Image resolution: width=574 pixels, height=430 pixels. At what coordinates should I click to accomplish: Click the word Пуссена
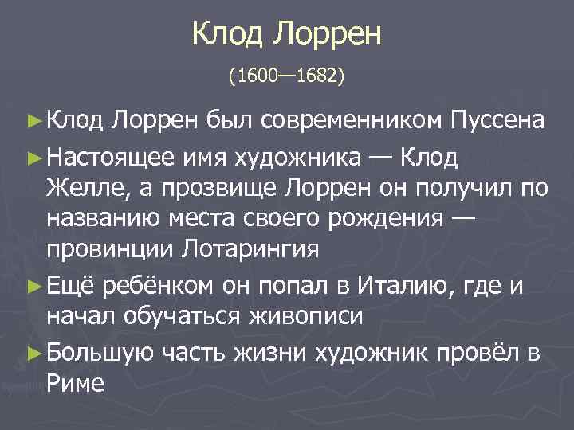click(x=497, y=120)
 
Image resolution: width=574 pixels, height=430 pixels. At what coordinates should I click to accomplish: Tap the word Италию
click(x=396, y=286)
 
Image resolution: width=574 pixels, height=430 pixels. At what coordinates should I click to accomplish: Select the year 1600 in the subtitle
click(x=252, y=78)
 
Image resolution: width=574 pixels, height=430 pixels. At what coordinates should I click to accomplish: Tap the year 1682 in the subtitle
click(x=318, y=78)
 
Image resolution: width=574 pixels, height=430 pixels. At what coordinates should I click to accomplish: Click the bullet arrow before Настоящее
click(x=33, y=158)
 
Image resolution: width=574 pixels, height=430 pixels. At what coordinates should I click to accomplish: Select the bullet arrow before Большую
click(x=33, y=354)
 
